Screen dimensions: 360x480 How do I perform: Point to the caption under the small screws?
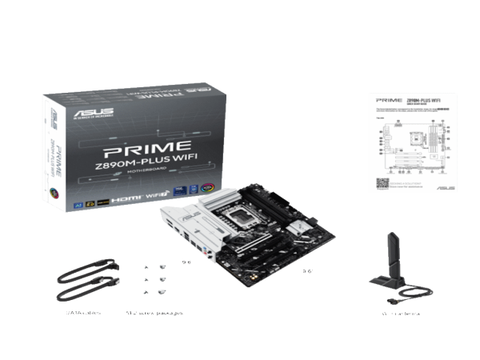pos(154,313)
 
